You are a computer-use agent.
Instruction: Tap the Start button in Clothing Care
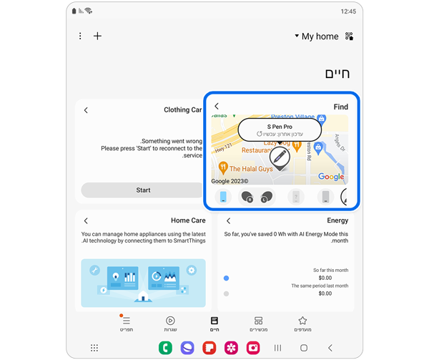(x=143, y=190)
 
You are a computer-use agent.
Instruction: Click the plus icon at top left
(x=98, y=37)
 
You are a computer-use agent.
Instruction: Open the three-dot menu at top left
(x=80, y=37)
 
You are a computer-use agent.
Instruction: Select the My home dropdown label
(x=319, y=37)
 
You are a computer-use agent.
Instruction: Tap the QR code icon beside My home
(x=350, y=37)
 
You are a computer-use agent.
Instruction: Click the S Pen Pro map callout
(x=280, y=130)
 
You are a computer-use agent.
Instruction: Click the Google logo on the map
(x=331, y=177)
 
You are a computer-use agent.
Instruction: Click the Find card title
(x=340, y=107)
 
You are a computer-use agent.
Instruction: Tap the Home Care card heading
(x=188, y=220)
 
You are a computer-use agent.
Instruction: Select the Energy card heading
(x=337, y=220)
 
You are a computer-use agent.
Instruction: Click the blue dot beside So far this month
(x=227, y=278)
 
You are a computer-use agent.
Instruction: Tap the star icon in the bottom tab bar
(x=302, y=321)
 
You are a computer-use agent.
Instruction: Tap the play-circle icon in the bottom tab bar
(x=170, y=321)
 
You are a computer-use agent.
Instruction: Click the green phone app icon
(x=165, y=348)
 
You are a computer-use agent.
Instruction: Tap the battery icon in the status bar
(x=74, y=11)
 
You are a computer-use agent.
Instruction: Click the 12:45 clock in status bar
(x=348, y=11)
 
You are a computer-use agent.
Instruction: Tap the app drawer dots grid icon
(x=94, y=348)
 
